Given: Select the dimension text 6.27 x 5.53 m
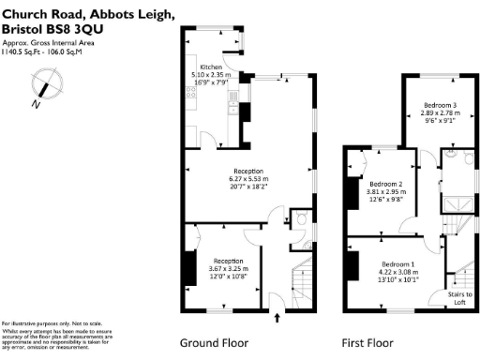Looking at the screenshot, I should point(248,178).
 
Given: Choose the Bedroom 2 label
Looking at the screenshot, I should point(386,184).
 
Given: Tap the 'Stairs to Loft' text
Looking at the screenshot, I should point(460,298).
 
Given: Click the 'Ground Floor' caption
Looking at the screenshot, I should point(214,342).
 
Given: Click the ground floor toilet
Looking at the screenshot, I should point(301,218).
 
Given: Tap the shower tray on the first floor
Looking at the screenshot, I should point(460,204).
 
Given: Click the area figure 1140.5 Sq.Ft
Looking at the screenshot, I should point(22,54).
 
